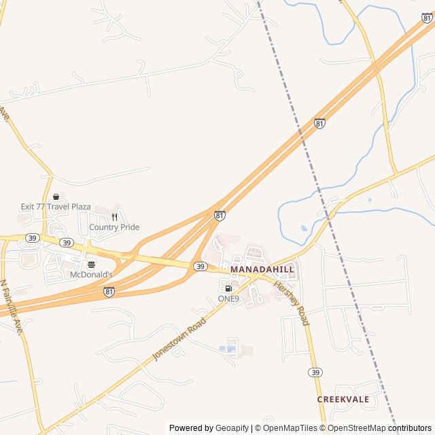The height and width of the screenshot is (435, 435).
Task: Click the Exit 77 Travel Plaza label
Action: [x=55, y=206]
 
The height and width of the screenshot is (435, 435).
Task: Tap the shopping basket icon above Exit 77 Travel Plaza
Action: [x=56, y=196]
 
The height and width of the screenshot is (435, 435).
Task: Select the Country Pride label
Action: [x=114, y=227]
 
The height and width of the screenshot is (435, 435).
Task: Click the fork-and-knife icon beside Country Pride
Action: [x=114, y=217]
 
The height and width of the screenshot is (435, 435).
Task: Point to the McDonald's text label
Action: [x=91, y=275]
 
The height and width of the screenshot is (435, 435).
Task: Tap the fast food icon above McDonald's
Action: [x=91, y=264]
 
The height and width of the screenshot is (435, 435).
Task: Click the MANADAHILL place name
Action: [x=262, y=270]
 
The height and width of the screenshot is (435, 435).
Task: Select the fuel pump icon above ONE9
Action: [x=228, y=288]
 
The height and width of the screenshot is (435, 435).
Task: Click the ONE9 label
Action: [x=228, y=298]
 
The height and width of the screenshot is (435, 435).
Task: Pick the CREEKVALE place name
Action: [x=343, y=400]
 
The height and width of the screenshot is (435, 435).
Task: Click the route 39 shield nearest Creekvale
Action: [x=315, y=372]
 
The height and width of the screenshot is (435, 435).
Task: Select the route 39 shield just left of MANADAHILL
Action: [x=200, y=267]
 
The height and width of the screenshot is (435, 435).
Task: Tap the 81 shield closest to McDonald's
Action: [x=109, y=291]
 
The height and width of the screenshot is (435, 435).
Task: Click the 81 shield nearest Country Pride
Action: [x=220, y=215]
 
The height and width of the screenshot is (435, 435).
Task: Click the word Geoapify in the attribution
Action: [x=232, y=428]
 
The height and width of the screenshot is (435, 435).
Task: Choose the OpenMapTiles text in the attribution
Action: [x=290, y=428]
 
